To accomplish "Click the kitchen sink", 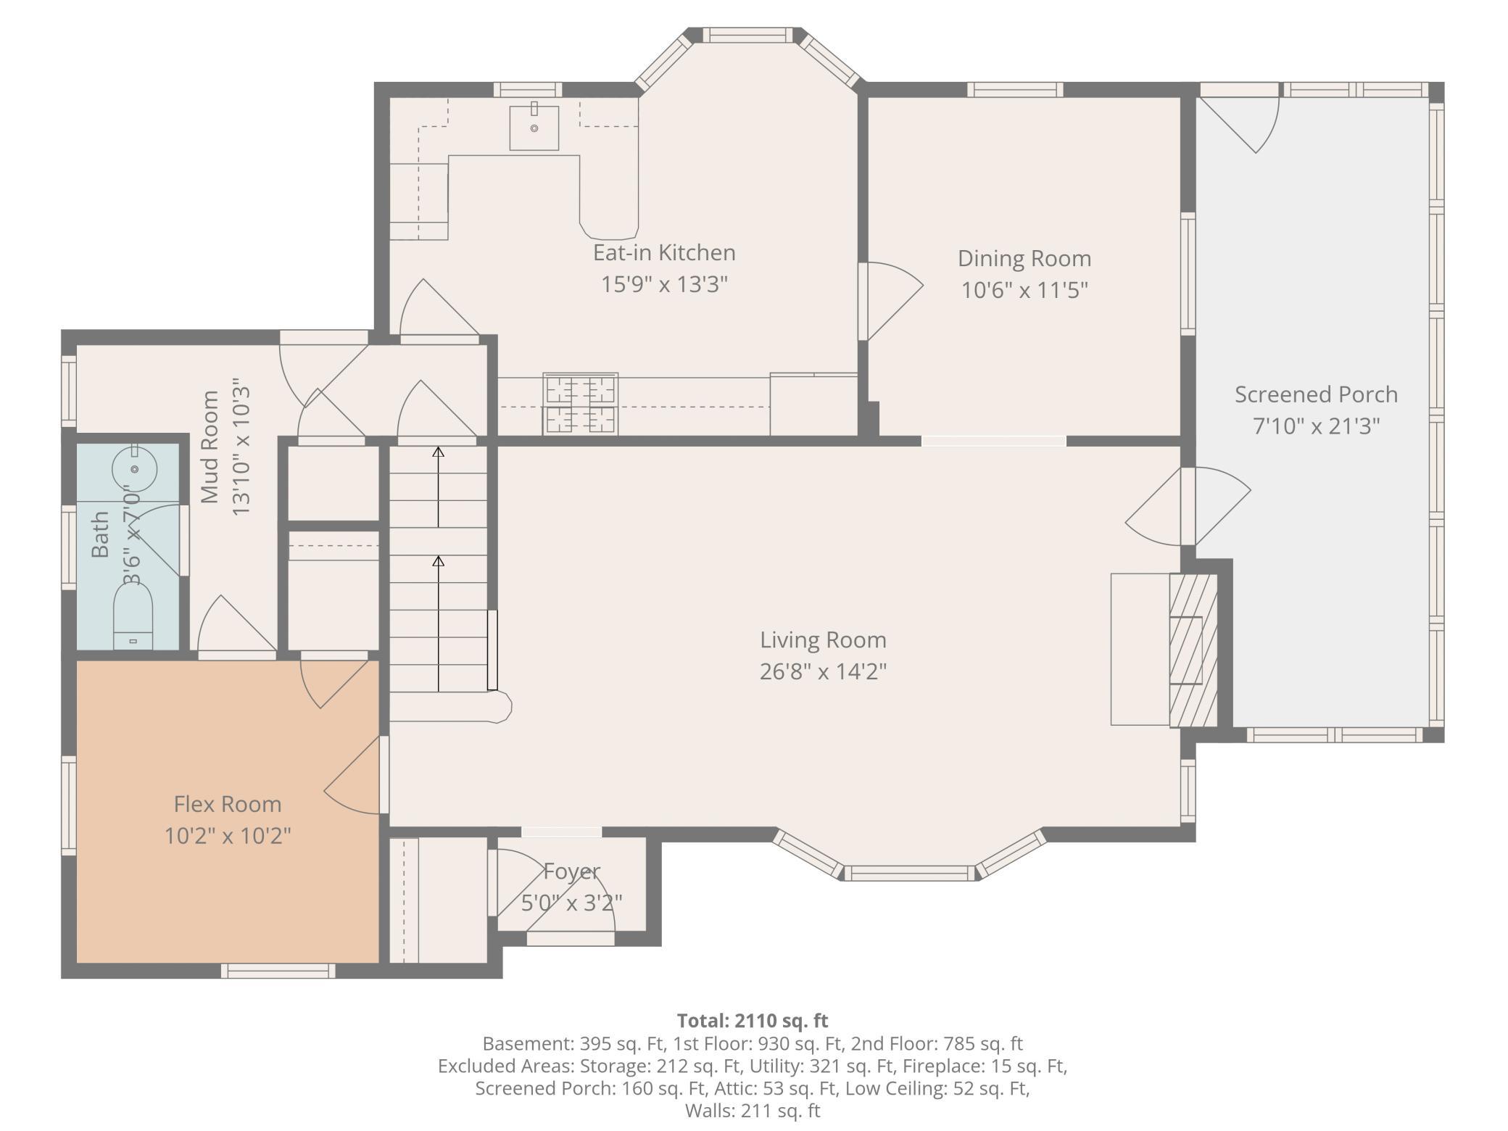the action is point(534,128).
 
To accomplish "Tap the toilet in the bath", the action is point(133,616).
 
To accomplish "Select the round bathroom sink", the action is point(134,468).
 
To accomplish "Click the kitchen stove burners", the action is point(580,404).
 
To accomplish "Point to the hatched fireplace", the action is point(1193,650).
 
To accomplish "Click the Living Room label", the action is point(823,640).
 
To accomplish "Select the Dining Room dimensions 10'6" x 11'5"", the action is point(1024,290).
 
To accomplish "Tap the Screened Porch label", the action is point(1316,394).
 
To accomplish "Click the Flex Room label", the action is point(228,804).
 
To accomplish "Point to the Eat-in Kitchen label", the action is point(664,252).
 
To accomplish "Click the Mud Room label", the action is point(210,447).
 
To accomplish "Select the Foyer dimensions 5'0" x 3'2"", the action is point(571,903).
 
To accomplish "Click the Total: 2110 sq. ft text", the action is point(753,1021).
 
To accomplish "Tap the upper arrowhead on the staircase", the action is point(438,452).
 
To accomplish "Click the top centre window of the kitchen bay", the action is point(747,35).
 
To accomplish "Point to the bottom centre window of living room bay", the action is point(910,873).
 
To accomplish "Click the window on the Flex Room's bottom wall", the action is point(278,971).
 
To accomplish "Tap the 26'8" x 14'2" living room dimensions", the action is point(823,671).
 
